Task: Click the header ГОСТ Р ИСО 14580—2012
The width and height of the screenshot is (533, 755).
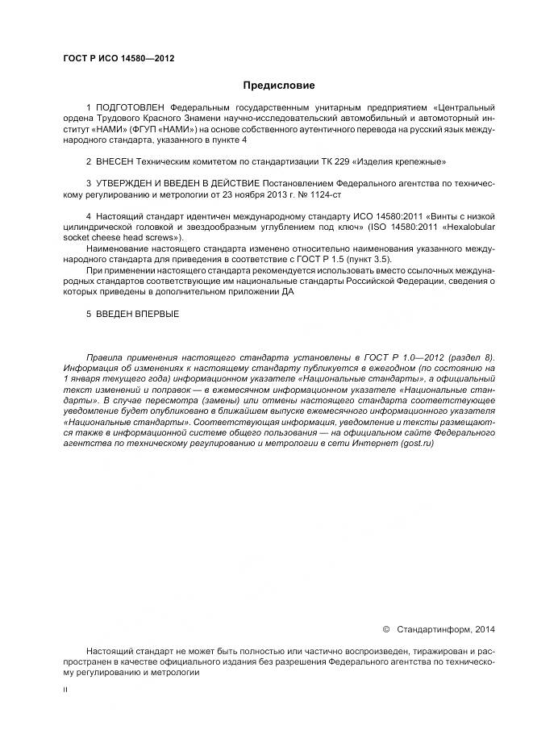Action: click(119, 58)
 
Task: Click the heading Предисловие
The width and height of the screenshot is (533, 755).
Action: click(279, 86)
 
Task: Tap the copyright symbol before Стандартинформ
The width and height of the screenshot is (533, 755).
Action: click(385, 628)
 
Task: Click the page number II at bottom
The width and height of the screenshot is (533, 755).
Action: click(66, 690)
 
